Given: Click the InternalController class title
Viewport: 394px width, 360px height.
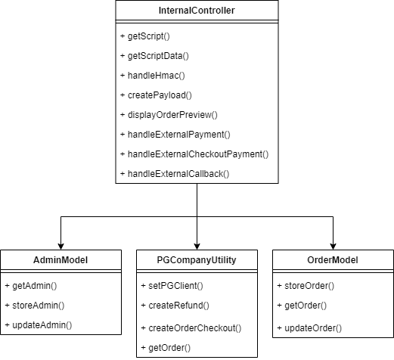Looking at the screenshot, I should click(197, 11).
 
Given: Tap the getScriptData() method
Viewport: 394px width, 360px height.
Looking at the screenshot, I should click(154, 56).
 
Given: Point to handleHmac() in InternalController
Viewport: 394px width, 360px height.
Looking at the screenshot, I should click(151, 76).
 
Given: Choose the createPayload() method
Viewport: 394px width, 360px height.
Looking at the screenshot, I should click(155, 95).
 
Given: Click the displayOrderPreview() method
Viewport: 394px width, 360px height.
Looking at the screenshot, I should click(168, 115).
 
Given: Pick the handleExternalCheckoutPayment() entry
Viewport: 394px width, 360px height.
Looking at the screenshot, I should click(194, 154).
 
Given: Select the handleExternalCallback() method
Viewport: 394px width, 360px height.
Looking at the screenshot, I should click(174, 174).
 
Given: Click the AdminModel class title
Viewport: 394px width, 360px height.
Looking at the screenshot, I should click(61, 260).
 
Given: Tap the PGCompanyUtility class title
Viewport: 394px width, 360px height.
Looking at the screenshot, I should click(197, 260).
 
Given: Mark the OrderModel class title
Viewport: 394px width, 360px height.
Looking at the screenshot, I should click(332, 260).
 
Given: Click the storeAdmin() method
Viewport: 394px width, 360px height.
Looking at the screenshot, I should click(34, 305).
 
